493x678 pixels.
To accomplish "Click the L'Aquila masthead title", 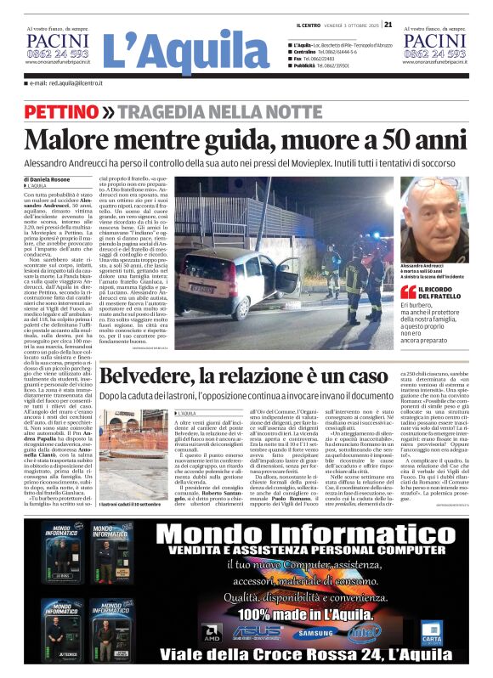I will coord(185,53).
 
